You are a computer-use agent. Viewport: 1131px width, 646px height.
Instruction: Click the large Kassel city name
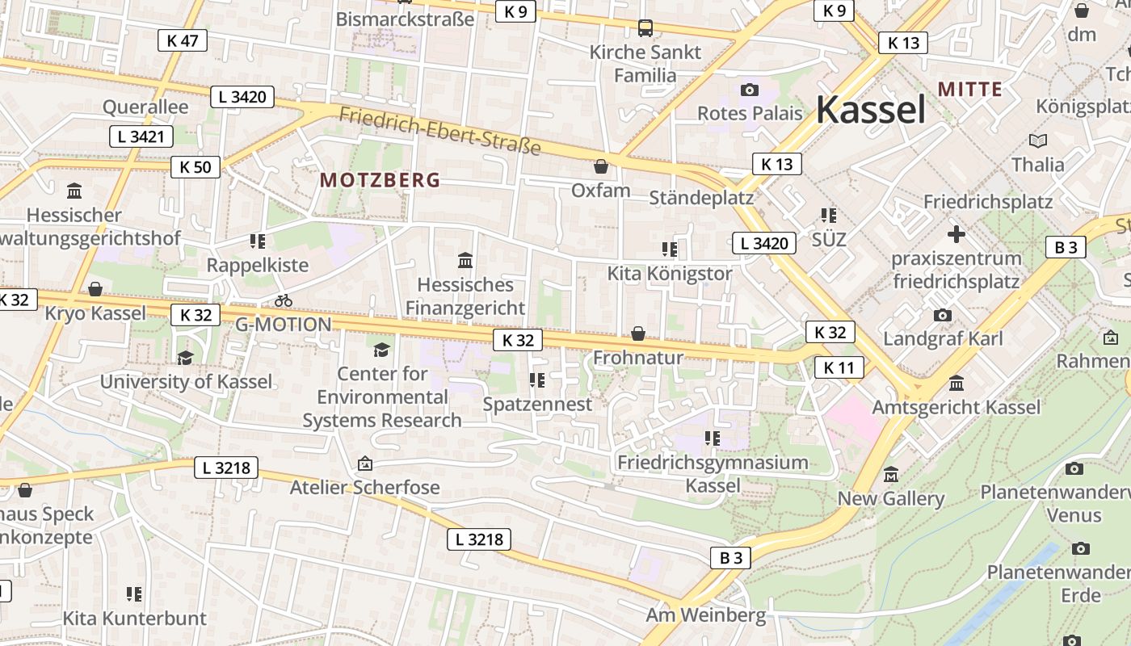pos(870,109)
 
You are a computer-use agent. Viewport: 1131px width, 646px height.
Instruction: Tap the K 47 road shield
pos(183,40)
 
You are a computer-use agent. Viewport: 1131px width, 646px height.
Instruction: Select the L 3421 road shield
pos(141,136)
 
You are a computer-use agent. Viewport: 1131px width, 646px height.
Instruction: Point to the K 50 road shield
pos(196,167)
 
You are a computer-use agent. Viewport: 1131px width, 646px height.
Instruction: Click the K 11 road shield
pos(839,368)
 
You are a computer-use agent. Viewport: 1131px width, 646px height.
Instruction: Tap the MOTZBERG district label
pos(381,180)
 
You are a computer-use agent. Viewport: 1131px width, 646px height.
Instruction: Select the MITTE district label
pos(969,90)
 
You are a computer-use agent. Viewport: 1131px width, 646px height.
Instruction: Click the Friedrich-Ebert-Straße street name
pos(439,131)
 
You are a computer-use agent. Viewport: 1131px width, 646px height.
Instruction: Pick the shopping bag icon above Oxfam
pos(600,167)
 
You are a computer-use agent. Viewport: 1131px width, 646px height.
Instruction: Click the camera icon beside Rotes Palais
pos(750,90)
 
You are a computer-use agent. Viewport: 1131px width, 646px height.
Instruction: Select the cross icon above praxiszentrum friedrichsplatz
pos(956,235)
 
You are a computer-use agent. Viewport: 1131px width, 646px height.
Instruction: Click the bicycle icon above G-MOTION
pos(283,300)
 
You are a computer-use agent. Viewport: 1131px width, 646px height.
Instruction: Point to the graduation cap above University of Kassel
pos(186,358)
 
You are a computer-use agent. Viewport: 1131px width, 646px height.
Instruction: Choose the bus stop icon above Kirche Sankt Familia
pos(645,28)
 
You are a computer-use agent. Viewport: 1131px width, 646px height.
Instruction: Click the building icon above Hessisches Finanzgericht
pos(465,261)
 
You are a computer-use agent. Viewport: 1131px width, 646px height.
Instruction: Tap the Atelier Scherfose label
pos(364,487)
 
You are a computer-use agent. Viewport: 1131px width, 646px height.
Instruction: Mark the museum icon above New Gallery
pos(891,475)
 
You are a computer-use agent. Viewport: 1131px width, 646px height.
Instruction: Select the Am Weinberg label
pos(705,615)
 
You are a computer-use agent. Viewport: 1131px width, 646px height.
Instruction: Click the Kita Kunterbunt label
pos(135,619)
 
